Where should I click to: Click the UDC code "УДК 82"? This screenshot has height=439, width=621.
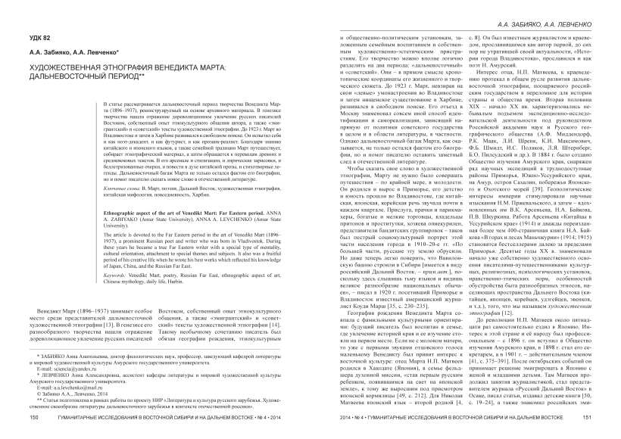tap(41, 36)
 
